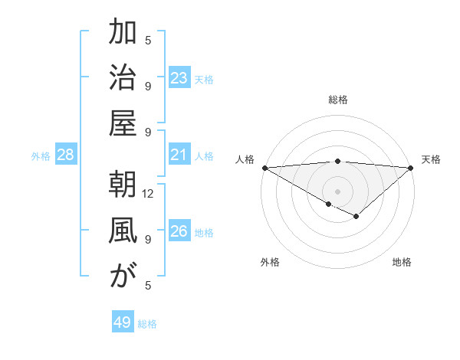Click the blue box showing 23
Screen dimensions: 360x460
tap(179, 77)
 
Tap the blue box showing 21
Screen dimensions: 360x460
tap(179, 155)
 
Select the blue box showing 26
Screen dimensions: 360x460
tap(179, 231)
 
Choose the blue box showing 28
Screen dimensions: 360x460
tap(66, 155)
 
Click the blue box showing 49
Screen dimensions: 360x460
tap(123, 322)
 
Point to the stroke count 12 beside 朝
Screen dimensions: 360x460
tap(149, 194)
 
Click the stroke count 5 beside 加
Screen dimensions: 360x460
tap(149, 40)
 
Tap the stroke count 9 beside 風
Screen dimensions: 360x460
tap(148, 239)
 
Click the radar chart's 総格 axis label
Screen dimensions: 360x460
tap(338, 100)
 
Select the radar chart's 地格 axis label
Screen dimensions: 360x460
tap(402, 262)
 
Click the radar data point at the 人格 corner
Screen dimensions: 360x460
tap(264, 167)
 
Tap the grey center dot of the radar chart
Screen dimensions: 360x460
tap(337, 191)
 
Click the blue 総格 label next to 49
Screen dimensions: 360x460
tap(147, 324)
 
